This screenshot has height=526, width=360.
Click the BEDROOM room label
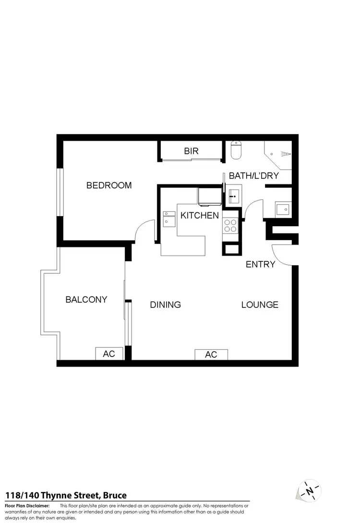109,185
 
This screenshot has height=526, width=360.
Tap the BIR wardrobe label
191,151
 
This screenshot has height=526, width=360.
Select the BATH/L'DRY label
253,176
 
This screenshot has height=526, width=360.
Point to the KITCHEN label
200,216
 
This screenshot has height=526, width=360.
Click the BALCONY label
86,300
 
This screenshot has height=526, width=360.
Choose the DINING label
165,305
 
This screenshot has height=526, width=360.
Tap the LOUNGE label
260,305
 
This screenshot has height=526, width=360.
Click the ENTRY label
260,264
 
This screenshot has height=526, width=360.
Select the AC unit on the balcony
109,354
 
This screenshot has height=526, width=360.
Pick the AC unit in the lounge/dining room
211,355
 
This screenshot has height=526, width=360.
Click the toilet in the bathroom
236,151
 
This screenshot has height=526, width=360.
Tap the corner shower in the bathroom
278,154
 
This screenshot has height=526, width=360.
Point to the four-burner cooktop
230,225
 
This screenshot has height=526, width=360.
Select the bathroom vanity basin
234,195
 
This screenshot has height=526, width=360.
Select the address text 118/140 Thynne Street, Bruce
66,495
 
